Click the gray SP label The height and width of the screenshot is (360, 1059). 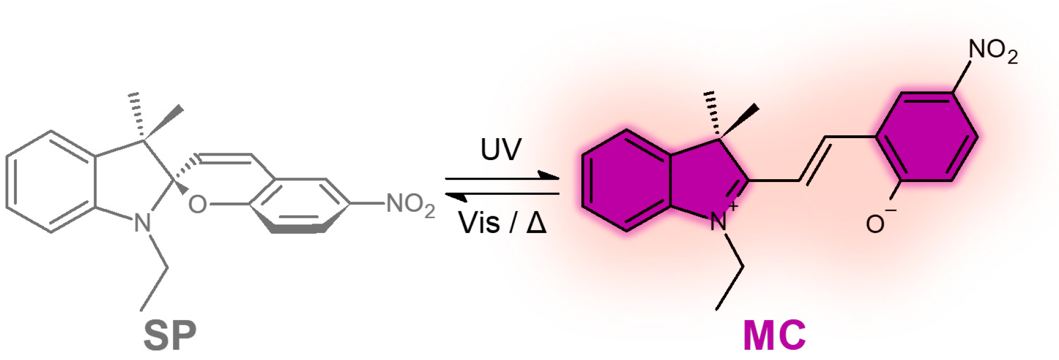[170, 335]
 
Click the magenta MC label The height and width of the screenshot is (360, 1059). [774, 335]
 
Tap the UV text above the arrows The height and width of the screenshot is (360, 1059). [501, 149]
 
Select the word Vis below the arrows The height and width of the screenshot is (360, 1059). [479, 223]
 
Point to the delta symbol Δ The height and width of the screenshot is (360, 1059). [536, 223]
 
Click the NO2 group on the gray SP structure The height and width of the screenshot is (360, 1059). [410, 204]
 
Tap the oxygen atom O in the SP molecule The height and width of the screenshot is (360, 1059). [197, 205]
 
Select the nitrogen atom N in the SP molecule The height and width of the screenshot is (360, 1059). [143, 224]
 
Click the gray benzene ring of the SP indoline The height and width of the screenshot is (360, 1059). [51, 181]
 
